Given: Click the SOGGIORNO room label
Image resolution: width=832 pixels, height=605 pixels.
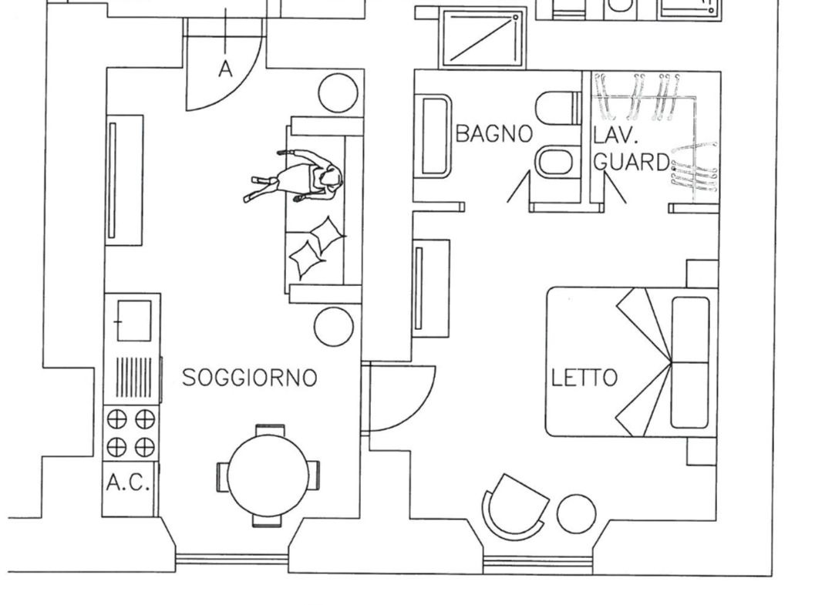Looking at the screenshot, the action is (x=249, y=378).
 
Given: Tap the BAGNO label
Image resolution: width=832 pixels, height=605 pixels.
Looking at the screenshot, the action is (x=494, y=133).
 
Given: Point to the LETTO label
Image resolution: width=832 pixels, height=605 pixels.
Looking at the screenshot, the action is (x=584, y=378).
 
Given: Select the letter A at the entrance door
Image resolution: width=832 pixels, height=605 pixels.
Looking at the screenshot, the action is (x=225, y=69).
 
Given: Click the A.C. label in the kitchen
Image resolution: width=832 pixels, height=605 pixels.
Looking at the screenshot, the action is (x=128, y=482).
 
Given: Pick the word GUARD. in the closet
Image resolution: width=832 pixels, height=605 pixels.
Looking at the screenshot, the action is (x=632, y=162).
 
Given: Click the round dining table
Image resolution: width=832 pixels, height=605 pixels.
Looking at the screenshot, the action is (x=268, y=475).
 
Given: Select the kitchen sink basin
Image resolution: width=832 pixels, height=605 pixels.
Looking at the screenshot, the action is (x=133, y=321).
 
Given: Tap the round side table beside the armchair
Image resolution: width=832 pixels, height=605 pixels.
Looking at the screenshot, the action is (x=576, y=514).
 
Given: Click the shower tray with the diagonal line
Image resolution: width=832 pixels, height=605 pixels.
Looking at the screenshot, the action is (x=483, y=39).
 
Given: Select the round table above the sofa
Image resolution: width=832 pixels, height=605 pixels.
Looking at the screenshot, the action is (x=338, y=92).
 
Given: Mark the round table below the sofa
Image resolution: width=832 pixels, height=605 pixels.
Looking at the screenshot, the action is (x=334, y=327).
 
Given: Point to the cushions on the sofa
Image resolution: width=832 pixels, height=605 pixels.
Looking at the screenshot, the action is (x=317, y=247).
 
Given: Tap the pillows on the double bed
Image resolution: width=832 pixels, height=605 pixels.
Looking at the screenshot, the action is (x=690, y=363).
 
